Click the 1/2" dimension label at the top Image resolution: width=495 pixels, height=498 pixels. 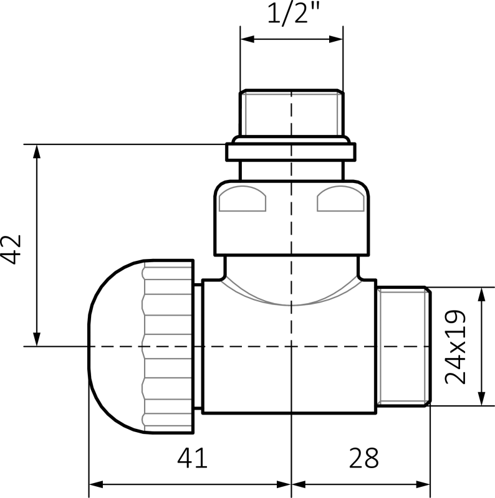click(291, 14)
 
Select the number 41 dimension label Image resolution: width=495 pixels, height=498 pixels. click(192, 460)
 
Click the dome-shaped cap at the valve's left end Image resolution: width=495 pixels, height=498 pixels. click(115, 345)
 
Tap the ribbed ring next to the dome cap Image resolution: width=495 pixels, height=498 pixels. click(170, 345)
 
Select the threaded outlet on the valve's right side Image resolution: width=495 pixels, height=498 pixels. click(404, 345)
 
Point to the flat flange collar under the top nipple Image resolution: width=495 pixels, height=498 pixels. click(291, 152)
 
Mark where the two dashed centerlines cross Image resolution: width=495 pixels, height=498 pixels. click(291, 345)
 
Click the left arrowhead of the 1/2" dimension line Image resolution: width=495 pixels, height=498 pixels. click(245, 39)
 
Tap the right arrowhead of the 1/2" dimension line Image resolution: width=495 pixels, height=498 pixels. click(340, 39)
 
